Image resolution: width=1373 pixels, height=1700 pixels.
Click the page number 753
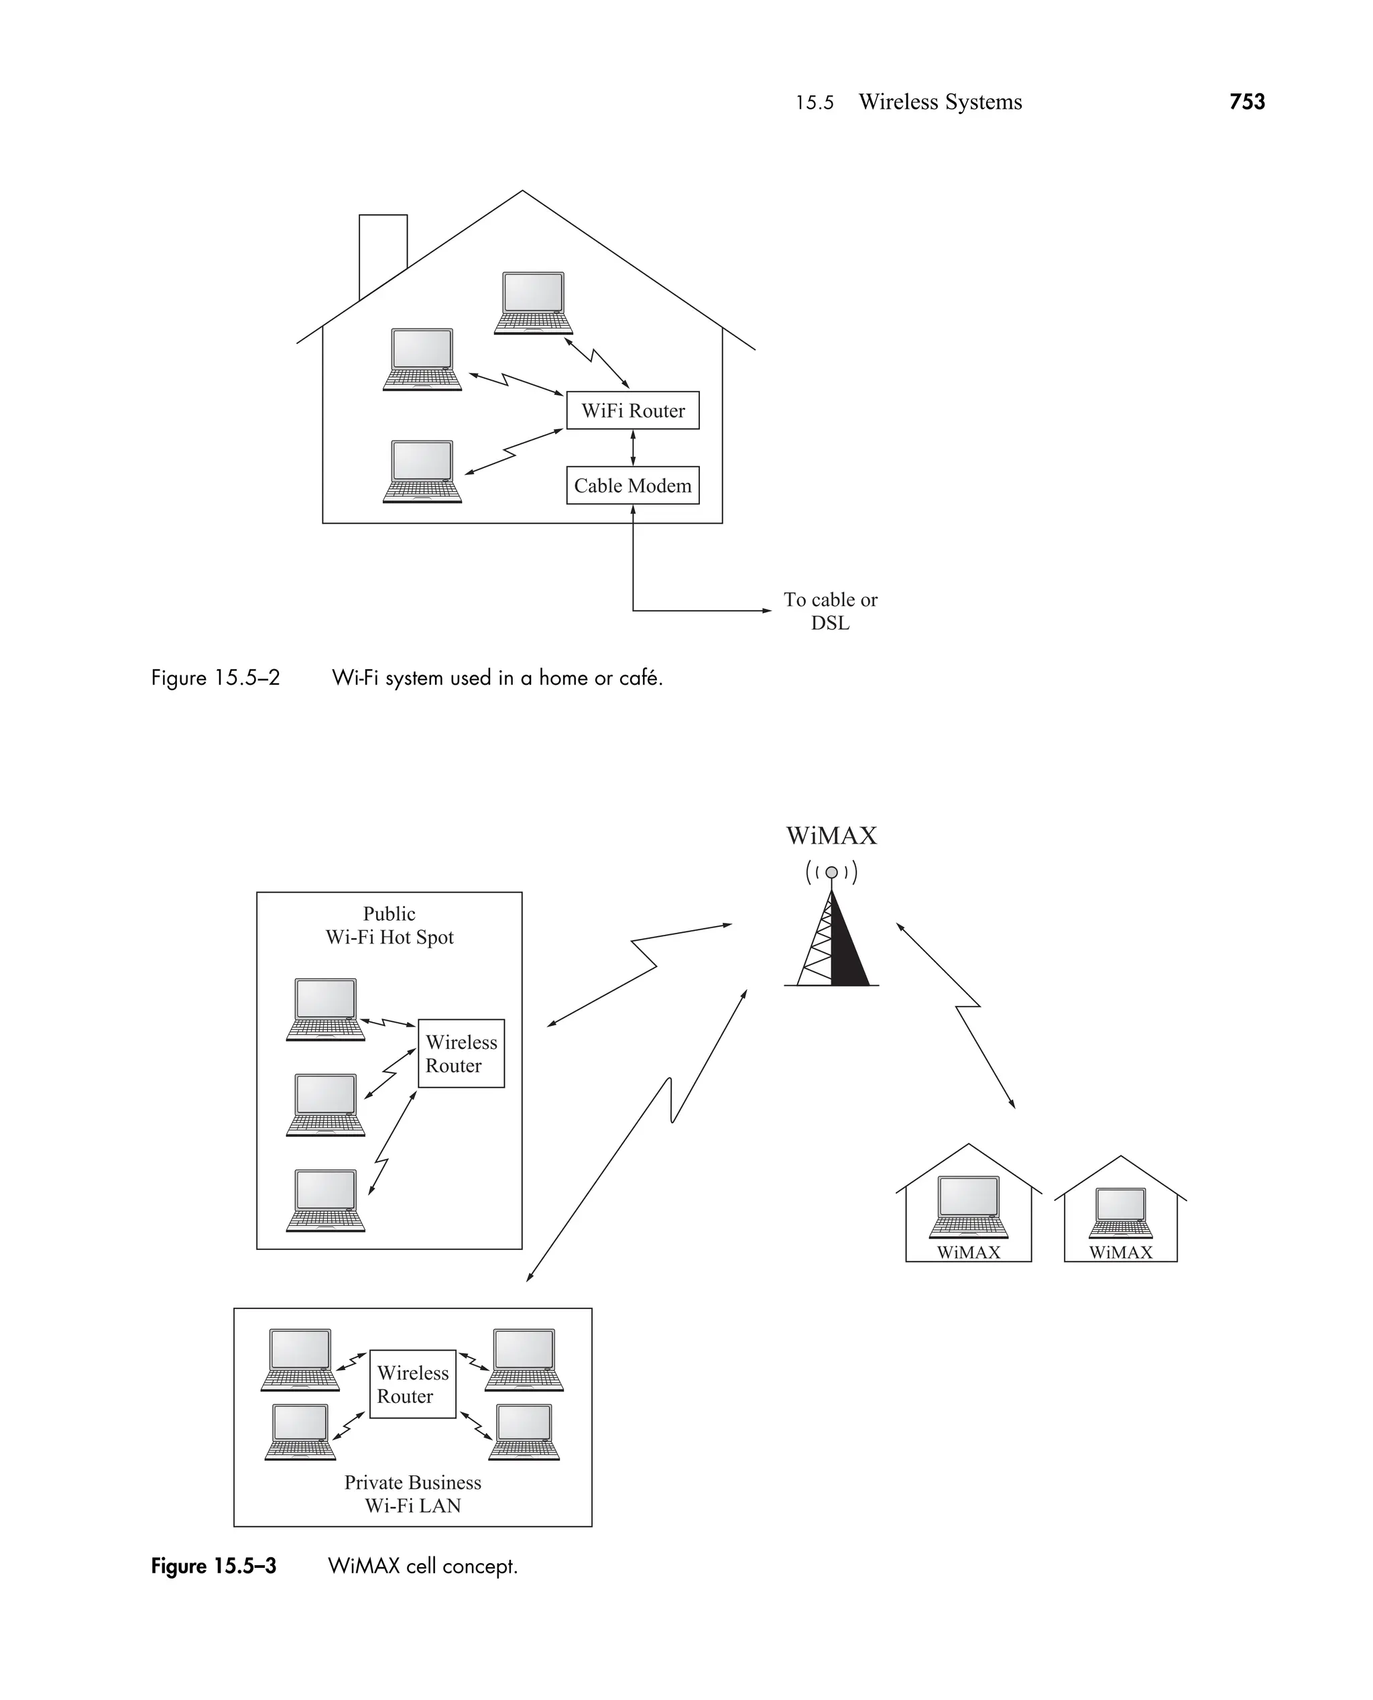click(1246, 102)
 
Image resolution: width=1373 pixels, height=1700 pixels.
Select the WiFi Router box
click(633, 410)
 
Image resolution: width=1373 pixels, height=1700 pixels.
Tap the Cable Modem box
click(633, 486)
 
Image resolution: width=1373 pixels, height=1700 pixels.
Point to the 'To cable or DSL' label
click(831, 611)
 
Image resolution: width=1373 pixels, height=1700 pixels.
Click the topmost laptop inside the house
click(533, 304)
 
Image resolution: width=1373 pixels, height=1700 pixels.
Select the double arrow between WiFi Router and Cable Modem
click(633, 448)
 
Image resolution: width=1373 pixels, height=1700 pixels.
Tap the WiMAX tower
click(831, 942)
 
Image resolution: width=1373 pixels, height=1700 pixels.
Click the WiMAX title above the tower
click(831, 836)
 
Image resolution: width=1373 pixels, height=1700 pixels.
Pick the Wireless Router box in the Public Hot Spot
click(461, 1054)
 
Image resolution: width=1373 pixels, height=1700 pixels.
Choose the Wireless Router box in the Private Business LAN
click(413, 1384)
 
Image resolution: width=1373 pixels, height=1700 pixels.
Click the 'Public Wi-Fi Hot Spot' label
click(389, 925)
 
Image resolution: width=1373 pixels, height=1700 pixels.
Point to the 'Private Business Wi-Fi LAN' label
click(413, 1494)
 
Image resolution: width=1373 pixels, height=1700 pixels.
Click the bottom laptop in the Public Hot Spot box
click(326, 1201)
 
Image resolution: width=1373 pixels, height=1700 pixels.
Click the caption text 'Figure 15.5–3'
click(214, 1567)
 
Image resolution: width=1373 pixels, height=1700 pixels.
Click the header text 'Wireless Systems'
click(941, 102)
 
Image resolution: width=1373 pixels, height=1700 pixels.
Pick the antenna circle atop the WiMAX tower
click(831, 872)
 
